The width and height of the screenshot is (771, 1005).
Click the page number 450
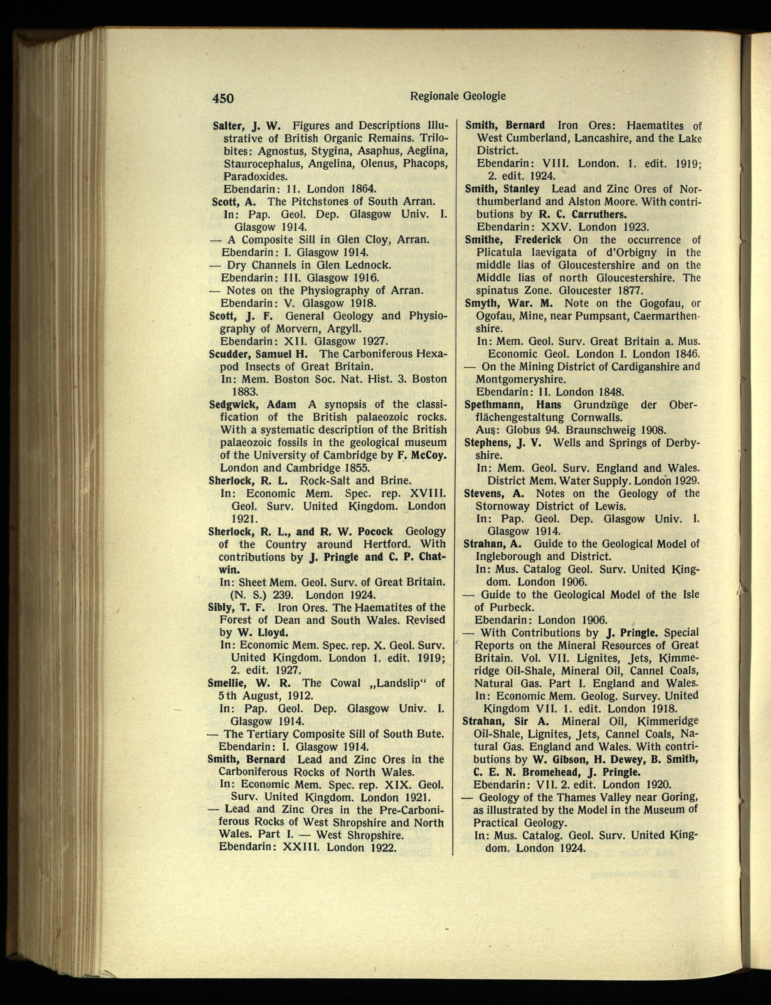223,98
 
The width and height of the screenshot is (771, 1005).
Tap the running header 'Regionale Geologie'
458,96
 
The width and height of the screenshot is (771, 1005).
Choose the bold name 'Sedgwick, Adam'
253,404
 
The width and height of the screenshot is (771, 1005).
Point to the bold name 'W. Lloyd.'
260,633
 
